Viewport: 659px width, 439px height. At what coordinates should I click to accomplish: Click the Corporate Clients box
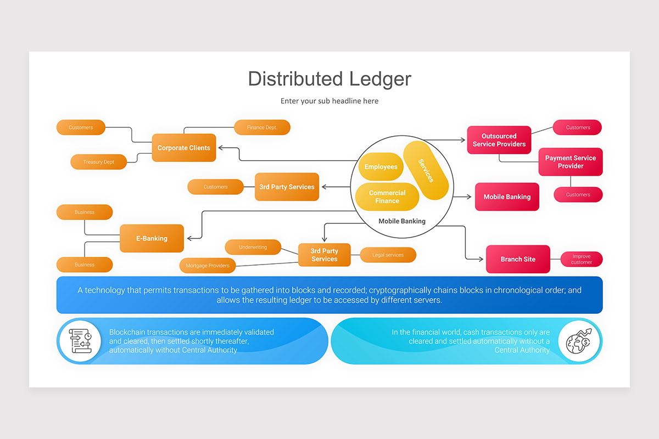click(x=184, y=148)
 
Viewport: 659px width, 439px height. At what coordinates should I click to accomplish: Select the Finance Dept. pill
click(x=262, y=127)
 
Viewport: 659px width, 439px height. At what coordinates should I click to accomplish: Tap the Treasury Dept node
click(x=99, y=162)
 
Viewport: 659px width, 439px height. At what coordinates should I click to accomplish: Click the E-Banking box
click(x=152, y=238)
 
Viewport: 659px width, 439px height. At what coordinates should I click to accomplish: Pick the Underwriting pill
click(x=253, y=247)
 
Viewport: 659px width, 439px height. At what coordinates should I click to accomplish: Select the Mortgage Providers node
click(x=207, y=266)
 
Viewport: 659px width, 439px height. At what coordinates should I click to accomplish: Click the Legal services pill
click(x=388, y=255)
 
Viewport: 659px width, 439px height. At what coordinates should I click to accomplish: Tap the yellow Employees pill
click(x=381, y=166)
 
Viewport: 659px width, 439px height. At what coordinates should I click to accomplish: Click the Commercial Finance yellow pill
click(x=387, y=196)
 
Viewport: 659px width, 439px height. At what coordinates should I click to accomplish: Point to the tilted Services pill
click(x=426, y=171)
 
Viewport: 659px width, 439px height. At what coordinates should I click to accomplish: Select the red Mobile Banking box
click(x=507, y=196)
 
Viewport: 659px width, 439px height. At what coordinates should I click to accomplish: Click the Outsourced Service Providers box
click(x=499, y=140)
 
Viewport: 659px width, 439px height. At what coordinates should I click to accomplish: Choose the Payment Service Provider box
click(x=571, y=162)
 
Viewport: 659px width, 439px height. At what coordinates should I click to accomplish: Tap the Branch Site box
click(x=518, y=259)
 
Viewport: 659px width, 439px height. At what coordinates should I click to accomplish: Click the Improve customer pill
click(x=582, y=259)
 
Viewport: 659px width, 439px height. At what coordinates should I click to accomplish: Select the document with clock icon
click(x=80, y=340)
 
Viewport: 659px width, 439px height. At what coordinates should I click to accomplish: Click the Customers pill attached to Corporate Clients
click(x=81, y=127)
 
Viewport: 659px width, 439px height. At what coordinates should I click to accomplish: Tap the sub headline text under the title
click(x=329, y=101)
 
